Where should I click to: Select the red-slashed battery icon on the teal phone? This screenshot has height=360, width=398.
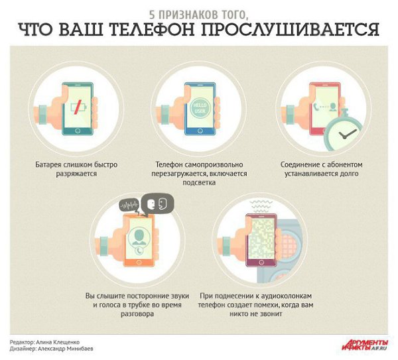78,107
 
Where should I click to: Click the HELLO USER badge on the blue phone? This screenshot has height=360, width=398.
200,108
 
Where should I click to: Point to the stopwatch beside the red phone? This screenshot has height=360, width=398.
344,130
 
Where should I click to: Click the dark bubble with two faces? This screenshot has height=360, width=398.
157,204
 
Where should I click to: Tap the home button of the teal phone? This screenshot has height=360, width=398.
78,131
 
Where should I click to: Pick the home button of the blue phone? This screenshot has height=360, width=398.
200,131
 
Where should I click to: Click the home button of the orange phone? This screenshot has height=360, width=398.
139,262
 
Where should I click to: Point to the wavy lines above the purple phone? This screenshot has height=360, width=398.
261,206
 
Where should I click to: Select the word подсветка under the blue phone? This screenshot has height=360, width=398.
199,183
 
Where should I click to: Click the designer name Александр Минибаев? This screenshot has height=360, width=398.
66,349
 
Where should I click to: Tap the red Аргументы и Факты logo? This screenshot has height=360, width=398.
365,345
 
